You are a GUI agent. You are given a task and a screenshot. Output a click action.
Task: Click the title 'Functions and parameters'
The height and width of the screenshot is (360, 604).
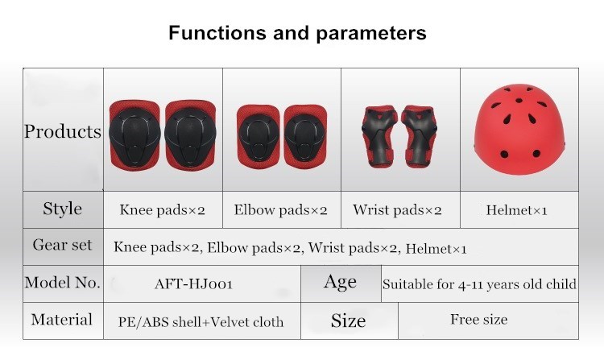tap(297, 34)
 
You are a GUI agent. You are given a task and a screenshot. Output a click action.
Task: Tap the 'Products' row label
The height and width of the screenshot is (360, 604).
tap(63, 131)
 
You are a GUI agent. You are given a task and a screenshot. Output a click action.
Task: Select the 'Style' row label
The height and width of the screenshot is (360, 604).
tap(63, 209)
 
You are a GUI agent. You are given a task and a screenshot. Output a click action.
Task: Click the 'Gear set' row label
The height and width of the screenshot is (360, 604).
tap(63, 245)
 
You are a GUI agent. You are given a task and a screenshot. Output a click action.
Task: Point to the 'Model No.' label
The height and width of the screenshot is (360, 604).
tap(63, 283)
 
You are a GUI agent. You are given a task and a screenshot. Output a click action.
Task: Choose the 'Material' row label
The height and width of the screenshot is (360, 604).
tap(63, 320)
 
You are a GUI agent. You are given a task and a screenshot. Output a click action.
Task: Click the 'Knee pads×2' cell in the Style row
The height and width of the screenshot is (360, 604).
tap(163, 211)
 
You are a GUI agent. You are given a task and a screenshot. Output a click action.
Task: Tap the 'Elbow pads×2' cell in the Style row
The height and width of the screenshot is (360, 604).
tap(280, 211)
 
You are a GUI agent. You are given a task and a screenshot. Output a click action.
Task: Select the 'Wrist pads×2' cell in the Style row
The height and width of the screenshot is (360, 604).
tap(397, 211)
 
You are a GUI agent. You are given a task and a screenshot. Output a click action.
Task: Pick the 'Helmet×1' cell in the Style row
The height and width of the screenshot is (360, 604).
tap(517, 211)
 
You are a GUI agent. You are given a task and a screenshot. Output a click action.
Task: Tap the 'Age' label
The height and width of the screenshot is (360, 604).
tap(340, 282)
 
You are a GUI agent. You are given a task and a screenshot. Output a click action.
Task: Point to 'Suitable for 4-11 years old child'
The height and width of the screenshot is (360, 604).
tap(479, 283)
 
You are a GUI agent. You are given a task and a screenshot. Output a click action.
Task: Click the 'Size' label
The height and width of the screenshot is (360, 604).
tap(348, 321)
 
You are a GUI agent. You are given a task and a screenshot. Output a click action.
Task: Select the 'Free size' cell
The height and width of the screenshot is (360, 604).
tap(479, 320)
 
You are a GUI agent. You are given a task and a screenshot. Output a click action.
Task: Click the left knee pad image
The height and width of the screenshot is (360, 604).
tap(135, 133)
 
